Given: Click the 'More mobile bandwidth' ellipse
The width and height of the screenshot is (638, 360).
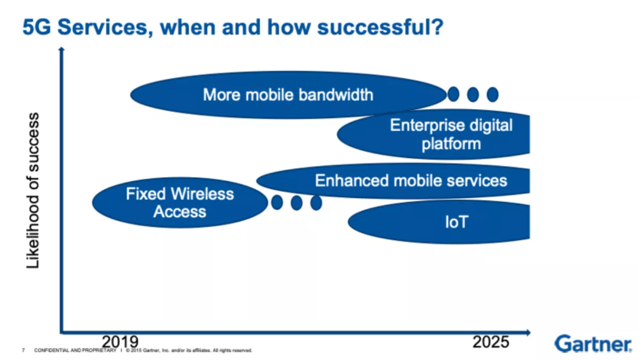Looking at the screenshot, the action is [288, 95].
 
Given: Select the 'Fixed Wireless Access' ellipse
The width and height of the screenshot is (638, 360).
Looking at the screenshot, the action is [180, 203].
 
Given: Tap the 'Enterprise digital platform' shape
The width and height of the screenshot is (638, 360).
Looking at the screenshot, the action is [433, 134].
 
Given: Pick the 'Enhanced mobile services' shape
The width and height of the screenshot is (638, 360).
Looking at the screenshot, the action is [393, 181].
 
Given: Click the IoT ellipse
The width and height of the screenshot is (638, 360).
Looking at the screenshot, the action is [439, 222].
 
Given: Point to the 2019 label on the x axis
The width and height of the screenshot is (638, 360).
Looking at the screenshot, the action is [120, 341].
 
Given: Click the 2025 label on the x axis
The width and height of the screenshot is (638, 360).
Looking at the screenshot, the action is [491, 341].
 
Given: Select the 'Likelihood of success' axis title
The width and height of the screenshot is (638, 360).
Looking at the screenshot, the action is [32, 190].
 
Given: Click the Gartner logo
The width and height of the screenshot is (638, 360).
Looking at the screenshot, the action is [593, 344].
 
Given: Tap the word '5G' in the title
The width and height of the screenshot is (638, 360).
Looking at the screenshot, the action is [37, 27].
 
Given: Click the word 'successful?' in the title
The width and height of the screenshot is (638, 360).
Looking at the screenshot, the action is [381, 27].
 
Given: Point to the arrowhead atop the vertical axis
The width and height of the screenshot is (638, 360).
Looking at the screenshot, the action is [61, 49].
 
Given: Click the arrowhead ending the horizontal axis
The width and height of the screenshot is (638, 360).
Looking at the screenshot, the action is [528, 332].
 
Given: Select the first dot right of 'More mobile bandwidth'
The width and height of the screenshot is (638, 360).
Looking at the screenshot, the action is [454, 94].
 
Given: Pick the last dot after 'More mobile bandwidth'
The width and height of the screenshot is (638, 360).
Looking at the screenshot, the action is [492, 94].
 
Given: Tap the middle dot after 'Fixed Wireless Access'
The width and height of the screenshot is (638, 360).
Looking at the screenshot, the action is [297, 203].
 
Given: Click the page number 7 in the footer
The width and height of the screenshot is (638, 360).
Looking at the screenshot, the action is [23, 350].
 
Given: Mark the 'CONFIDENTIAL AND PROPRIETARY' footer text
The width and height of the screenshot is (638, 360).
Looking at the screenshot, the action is [75, 350].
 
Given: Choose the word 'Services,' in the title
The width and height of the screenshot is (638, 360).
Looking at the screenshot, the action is [105, 27].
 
